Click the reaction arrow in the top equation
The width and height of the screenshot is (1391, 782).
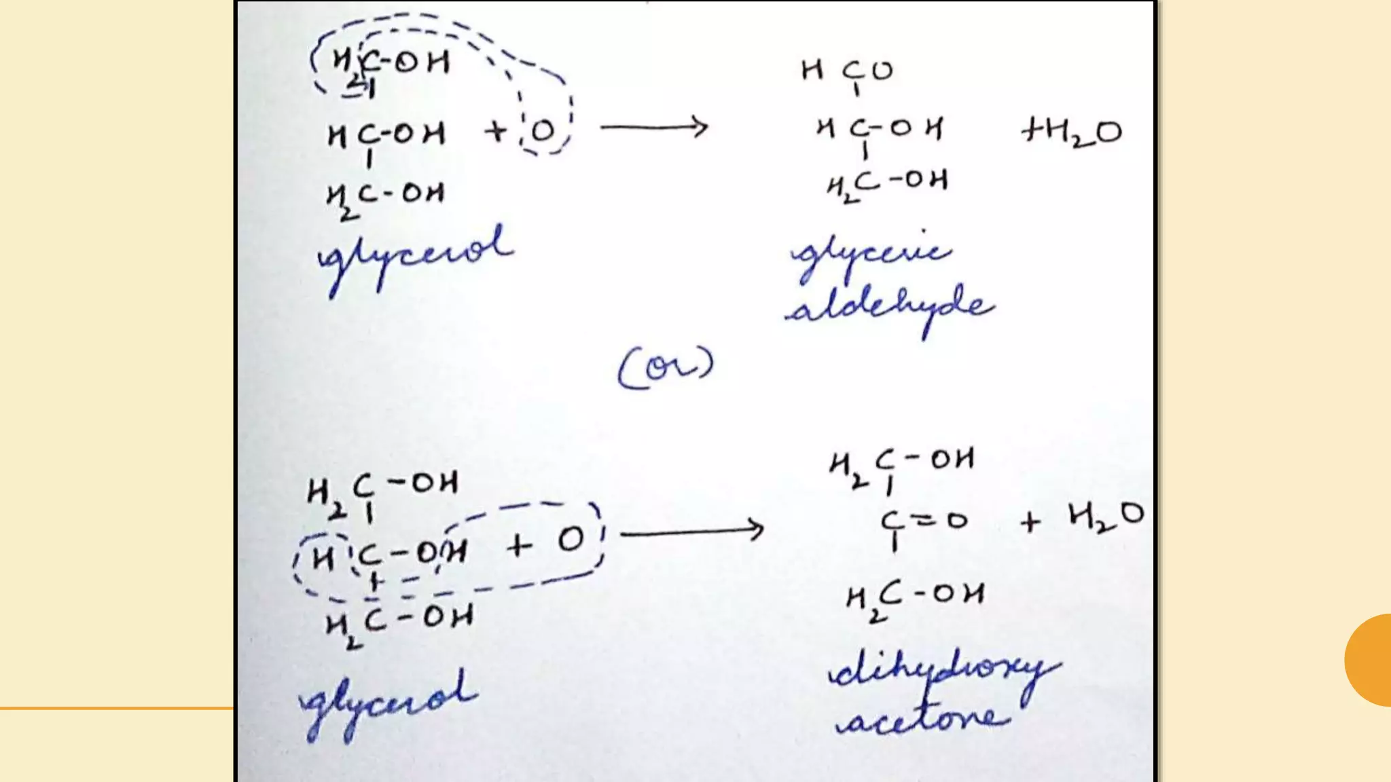coord(653,127)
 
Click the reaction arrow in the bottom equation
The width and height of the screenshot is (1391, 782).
coord(691,530)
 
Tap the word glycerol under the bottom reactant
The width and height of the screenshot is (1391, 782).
coord(389,703)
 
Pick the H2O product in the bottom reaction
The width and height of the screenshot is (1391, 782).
coord(1106,517)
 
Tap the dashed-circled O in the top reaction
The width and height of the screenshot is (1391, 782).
coord(543,131)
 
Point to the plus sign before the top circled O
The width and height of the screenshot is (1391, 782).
coord(496,130)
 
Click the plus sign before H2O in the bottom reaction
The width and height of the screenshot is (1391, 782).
coord(1030,522)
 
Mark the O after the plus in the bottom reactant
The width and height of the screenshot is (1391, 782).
coord(571,540)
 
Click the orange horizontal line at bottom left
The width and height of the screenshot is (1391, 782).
coord(115,709)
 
